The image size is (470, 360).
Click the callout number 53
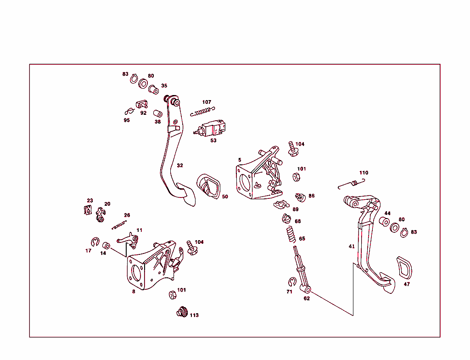point(213,141)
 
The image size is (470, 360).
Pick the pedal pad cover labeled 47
point(403,268)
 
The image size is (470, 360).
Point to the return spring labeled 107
point(202,112)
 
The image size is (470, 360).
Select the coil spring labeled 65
point(290,234)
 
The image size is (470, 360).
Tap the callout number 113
point(194,315)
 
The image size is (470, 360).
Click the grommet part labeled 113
point(183,312)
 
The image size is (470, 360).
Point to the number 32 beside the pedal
point(180,165)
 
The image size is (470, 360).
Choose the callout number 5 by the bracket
point(240,160)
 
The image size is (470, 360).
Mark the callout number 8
point(134,291)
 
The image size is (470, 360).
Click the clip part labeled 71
point(291,281)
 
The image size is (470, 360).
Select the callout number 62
point(307,298)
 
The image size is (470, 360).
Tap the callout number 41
point(352,247)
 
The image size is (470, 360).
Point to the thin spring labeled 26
point(119,225)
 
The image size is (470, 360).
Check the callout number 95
point(127,120)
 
